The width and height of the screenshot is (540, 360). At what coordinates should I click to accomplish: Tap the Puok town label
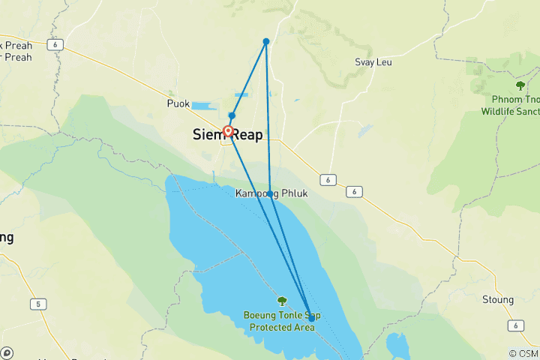[178, 104]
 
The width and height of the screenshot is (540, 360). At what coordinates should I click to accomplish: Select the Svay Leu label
[372, 63]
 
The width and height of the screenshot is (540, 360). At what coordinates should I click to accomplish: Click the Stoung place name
[497, 300]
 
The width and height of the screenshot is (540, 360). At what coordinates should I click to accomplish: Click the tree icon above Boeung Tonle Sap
[282, 301]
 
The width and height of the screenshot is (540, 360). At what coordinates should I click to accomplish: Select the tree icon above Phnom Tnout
[520, 85]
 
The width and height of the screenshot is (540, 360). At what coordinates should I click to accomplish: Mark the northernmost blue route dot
[266, 41]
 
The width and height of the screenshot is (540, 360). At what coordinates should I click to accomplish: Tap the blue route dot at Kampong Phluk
[270, 193]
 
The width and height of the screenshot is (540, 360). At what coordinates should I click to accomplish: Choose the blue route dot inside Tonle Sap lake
[312, 318]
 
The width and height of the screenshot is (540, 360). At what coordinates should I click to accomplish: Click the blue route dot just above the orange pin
[232, 115]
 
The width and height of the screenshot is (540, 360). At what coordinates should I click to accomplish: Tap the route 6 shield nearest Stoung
[514, 324]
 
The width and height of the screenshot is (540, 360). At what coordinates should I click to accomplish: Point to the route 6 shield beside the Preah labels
[56, 45]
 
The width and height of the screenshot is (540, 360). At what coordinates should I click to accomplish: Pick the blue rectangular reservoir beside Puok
[202, 106]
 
